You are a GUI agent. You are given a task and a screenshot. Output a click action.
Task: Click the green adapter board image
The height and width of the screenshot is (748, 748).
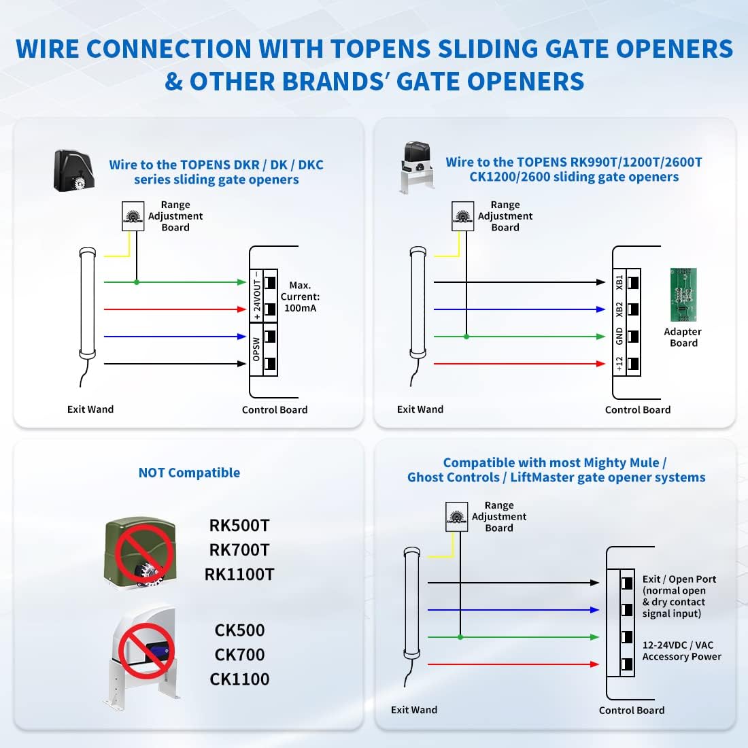(683, 294)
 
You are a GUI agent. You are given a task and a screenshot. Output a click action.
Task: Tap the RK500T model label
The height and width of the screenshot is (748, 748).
(239, 526)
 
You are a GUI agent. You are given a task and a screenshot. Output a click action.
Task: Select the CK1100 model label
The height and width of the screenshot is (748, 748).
(239, 679)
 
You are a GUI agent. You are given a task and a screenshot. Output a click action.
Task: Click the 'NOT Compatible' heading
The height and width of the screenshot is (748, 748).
(189, 473)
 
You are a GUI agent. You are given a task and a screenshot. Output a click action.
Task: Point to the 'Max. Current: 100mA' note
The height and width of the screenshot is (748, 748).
(300, 296)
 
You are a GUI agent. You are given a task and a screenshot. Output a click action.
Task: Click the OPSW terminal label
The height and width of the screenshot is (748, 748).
(256, 350)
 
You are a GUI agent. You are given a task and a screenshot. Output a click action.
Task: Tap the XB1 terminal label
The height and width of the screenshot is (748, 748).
(619, 282)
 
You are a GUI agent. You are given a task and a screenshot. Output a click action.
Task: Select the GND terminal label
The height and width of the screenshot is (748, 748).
(619, 336)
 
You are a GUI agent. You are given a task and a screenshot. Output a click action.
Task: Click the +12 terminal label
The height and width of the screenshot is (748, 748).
(619, 364)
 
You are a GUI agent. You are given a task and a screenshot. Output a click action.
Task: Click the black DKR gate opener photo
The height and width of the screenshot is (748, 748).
(75, 170)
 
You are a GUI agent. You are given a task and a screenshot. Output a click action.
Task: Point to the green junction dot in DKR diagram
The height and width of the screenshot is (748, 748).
(137, 282)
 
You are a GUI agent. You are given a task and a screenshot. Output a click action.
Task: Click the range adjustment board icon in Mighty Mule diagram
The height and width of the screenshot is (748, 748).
(456, 517)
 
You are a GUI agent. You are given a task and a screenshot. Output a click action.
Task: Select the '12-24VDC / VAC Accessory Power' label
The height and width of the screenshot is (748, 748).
(681, 651)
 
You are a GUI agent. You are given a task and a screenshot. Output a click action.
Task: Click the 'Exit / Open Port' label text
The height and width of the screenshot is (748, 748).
(679, 579)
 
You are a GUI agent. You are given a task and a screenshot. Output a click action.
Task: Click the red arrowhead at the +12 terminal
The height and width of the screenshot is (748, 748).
(600, 364)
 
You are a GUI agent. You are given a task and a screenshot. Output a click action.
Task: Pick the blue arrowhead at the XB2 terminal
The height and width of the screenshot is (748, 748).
(600, 309)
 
